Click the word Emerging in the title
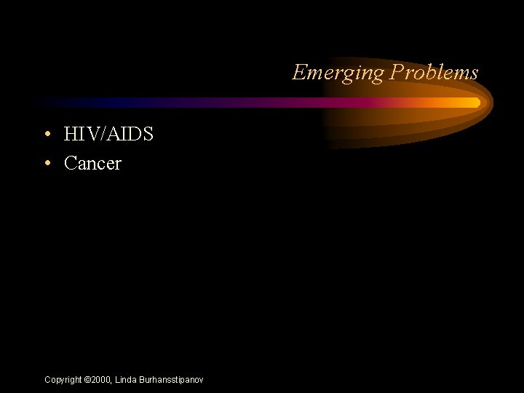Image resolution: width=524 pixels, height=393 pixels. [x=338, y=73]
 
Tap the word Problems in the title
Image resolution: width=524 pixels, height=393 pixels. [x=434, y=72]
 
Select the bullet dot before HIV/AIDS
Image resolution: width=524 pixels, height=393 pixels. [x=47, y=135]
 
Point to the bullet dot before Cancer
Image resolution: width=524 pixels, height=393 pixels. [x=47, y=164]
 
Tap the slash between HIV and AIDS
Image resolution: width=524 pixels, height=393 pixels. [x=105, y=134]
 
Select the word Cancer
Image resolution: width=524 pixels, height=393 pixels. [x=92, y=163]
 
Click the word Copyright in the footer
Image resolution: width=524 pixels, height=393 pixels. [x=63, y=380]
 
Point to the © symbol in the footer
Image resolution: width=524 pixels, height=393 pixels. [x=88, y=380]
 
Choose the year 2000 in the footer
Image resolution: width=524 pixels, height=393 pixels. [x=101, y=380]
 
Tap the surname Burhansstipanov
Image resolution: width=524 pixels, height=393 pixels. [x=172, y=380]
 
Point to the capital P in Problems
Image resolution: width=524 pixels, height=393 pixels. [x=395, y=72]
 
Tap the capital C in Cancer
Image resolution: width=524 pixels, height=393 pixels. [x=71, y=163]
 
